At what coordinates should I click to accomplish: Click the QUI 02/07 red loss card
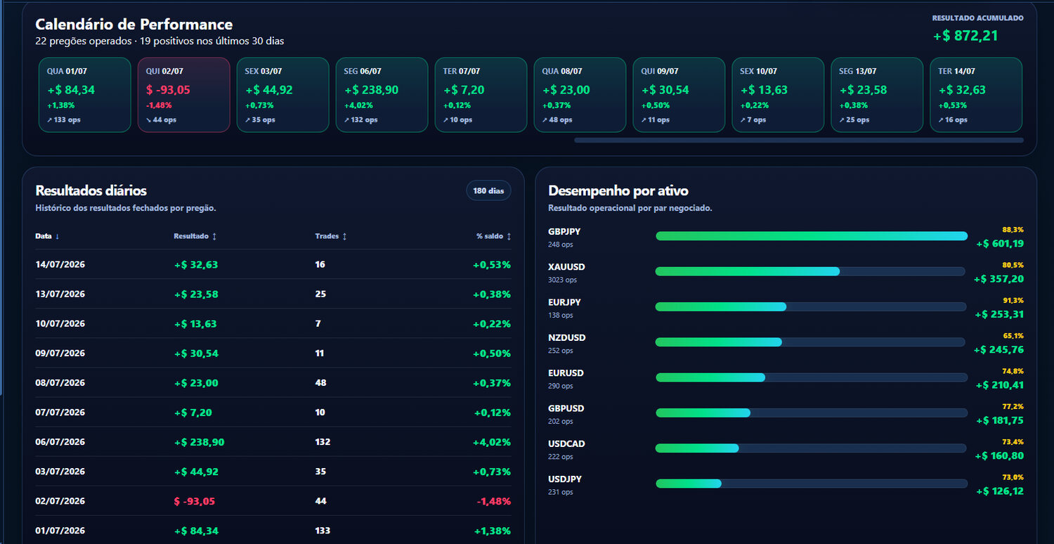tap(183, 95)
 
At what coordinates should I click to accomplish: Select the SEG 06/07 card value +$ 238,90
tap(372, 90)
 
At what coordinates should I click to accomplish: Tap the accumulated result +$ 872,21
tap(965, 36)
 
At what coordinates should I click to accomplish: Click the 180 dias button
tap(488, 190)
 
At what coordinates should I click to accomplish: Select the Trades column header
tap(331, 236)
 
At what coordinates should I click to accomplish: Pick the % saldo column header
tap(493, 236)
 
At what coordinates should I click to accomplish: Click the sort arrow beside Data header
tap(58, 236)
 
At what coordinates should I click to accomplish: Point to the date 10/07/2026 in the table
tap(60, 324)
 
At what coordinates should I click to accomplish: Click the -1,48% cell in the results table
tap(493, 501)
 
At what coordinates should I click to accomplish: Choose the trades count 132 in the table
tap(323, 442)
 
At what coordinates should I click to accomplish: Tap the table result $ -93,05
tap(195, 501)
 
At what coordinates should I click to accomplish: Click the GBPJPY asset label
tap(564, 231)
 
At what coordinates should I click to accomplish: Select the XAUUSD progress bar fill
tap(748, 271)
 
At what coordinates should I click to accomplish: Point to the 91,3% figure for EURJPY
tap(1013, 300)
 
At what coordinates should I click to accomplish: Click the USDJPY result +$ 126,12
tap(1000, 491)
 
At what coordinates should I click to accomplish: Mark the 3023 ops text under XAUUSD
tap(562, 280)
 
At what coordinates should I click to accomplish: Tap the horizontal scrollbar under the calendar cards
tap(799, 141)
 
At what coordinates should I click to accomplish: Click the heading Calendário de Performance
tap(134, 25)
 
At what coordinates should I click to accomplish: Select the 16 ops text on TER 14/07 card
tap(956, 120)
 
